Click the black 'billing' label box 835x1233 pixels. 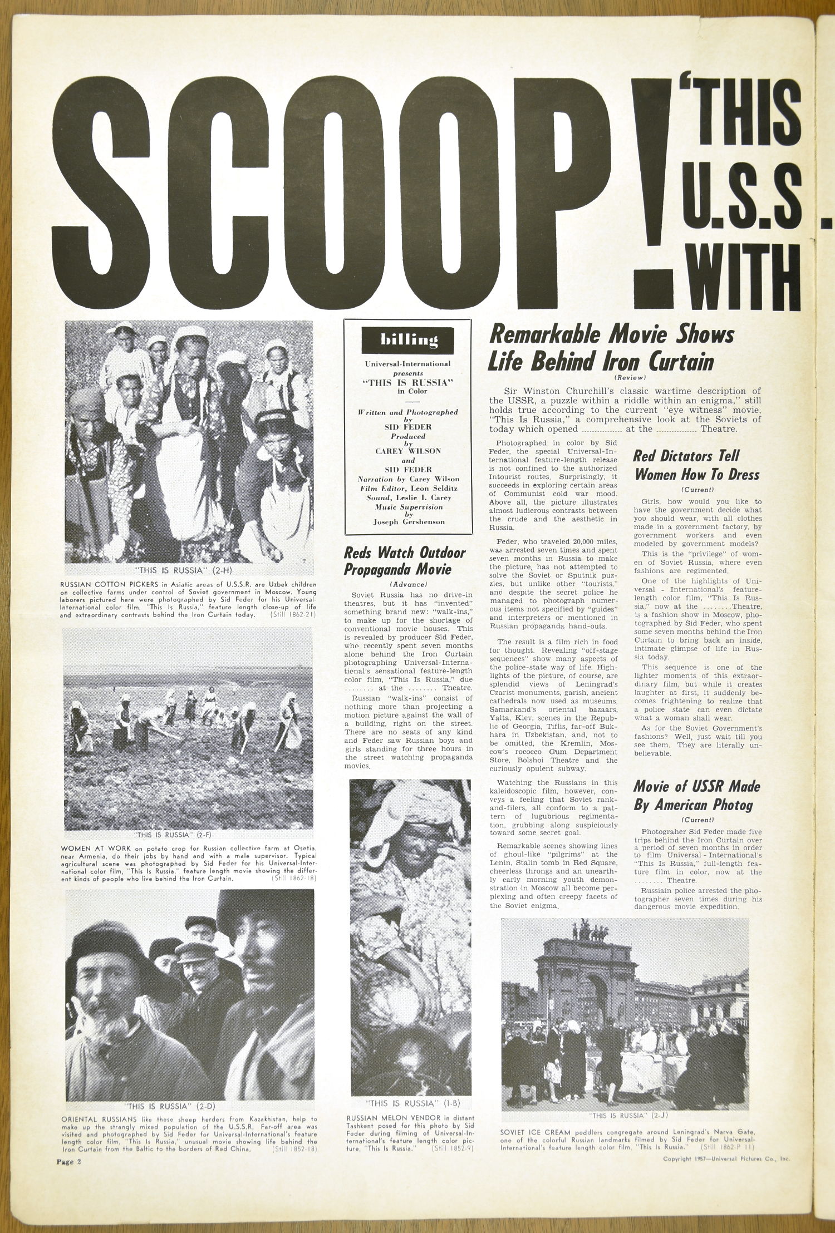click(409, 340)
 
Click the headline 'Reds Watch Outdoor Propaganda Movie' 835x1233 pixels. click(397, 561)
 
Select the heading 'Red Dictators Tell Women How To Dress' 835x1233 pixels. click(696, 465)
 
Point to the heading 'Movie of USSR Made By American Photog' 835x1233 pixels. click(696, 796)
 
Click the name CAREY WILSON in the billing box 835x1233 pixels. click(408, 451)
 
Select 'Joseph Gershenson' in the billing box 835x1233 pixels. click(409, 522)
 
